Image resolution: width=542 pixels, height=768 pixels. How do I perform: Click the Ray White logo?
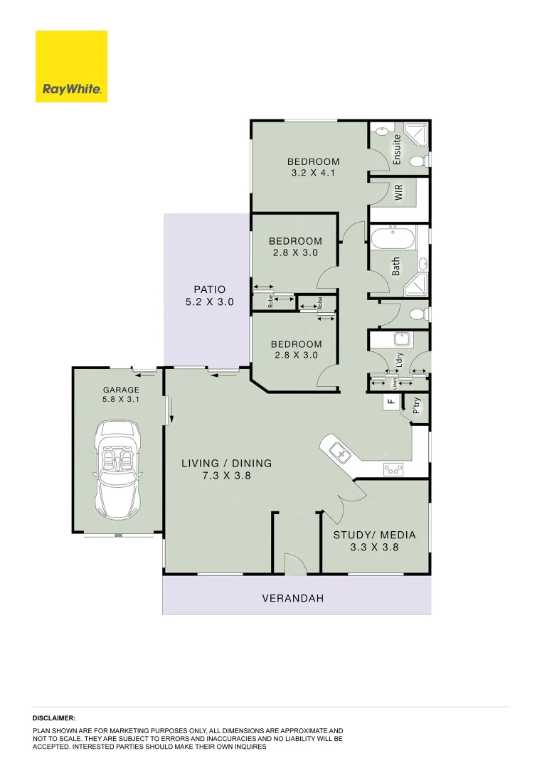[x=71, y=66]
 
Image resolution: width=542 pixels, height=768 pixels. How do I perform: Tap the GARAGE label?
[x=121, y=390]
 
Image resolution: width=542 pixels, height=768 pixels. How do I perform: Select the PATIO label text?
[x=209, y=289]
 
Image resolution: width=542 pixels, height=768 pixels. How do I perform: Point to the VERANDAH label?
[x=293, y=599]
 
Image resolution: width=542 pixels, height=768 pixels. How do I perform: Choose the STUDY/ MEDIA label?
[x=374, y=535]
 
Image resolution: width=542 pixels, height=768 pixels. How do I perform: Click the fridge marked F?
[x=390, y=402]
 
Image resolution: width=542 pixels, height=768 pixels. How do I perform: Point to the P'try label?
[x=417, y=406]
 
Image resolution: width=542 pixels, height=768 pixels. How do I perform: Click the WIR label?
[x=399, y=191]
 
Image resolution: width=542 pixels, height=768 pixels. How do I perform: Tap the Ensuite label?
[x=397, y=149]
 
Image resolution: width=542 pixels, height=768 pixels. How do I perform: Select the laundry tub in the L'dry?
[x=400, y=340]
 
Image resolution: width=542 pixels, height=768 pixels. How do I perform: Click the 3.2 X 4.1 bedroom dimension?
[x=308, y=173]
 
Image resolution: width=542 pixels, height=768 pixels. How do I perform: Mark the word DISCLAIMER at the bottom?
[x=53, y=719]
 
